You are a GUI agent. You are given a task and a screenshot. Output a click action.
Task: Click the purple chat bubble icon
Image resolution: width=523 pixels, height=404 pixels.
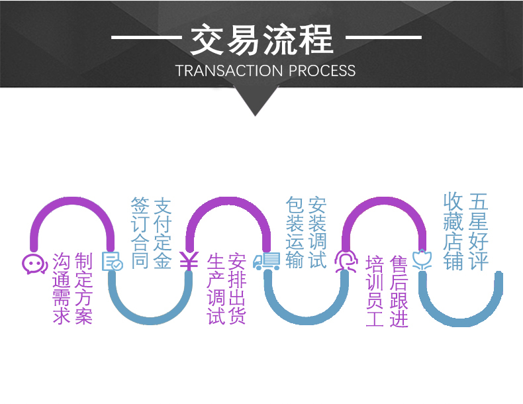pos(34,264)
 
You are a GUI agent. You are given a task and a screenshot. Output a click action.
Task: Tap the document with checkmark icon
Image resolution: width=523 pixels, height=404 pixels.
pos(113,261)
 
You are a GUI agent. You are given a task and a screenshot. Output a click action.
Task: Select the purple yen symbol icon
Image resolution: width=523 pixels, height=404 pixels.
pos(189,261)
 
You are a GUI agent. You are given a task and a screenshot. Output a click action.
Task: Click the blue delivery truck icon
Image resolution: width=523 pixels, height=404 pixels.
pos(267,261)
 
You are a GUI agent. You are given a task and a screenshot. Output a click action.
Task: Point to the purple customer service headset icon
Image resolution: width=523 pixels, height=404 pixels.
pos(346,261)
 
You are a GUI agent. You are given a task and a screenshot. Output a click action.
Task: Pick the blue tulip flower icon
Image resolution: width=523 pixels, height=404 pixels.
pos(422,259)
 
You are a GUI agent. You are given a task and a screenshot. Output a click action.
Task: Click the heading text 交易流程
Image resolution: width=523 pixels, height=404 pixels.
pos(262,39)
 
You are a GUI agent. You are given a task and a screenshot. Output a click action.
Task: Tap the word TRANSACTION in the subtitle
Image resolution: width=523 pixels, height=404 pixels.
pos(229,71)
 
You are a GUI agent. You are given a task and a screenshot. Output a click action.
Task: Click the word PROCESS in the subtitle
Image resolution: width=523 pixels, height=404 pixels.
pos(322,71)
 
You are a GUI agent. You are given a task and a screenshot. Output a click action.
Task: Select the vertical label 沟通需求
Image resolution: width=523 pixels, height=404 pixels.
pos(62,289)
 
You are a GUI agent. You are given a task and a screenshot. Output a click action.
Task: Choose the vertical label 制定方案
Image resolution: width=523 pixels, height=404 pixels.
pos(83,289)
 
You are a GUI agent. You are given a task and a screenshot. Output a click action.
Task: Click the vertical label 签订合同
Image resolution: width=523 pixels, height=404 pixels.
pos(140,233)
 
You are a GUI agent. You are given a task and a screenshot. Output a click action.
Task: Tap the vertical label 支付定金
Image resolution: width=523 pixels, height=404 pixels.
pos(162,233)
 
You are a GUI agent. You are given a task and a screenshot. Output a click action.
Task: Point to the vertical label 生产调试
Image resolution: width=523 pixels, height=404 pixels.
pos(216,289)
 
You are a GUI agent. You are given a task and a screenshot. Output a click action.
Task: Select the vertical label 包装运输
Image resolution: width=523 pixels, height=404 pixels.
pos(295,232)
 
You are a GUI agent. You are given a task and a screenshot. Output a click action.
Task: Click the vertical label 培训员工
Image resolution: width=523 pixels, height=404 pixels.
pos(375,291)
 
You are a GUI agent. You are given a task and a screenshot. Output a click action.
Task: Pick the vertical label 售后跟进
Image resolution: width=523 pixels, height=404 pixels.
pos(399,291)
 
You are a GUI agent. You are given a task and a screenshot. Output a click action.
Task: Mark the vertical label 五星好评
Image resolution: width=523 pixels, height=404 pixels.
pos(479,231)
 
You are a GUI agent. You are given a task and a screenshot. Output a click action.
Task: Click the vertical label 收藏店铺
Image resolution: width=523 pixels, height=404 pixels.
pos(453,231)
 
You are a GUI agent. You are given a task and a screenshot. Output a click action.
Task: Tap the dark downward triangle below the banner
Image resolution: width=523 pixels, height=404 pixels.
pos(256,99)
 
